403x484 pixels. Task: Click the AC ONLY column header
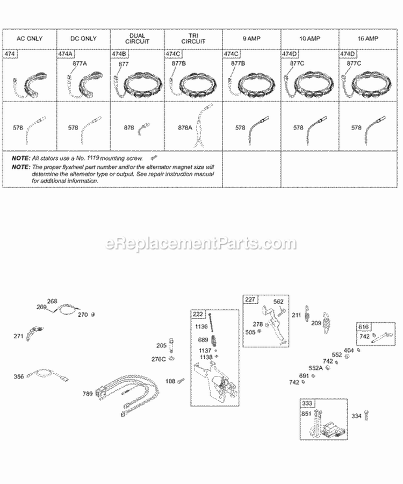30,39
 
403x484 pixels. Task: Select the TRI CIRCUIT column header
194,39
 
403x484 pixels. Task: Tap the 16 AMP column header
368,39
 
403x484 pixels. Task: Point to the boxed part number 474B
120,54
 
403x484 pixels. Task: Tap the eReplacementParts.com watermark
201,244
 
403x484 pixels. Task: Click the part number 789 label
88,394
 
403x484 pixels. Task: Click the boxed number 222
198,314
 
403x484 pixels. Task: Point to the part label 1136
202,326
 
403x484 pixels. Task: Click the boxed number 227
250,300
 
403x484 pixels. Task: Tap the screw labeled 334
367,416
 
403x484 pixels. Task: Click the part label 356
19,376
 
